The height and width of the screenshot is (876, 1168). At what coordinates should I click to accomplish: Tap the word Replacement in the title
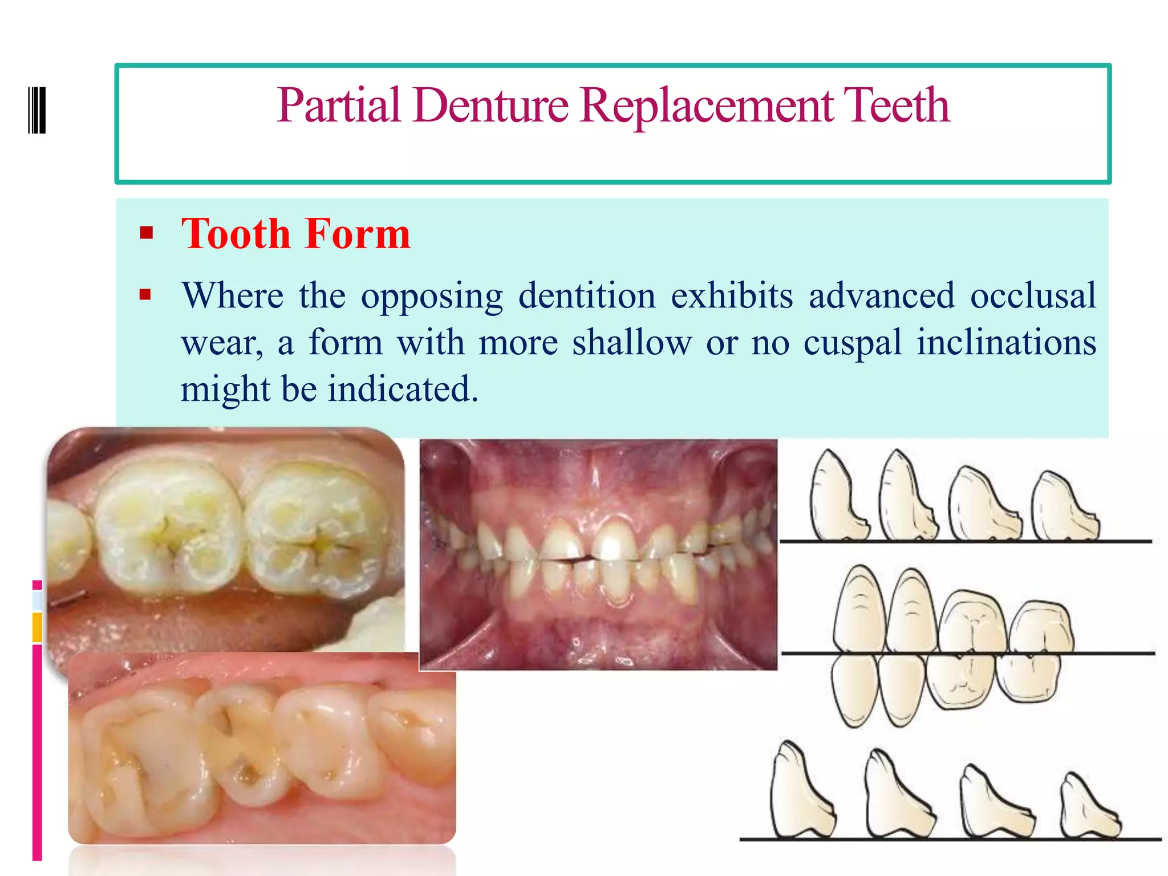707,106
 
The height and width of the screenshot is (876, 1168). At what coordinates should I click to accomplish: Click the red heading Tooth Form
295,234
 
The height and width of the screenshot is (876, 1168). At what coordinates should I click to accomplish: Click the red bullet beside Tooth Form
147,233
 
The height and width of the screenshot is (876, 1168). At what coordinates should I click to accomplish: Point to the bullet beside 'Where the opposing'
145,295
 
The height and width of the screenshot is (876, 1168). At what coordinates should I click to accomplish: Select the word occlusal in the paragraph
1033,295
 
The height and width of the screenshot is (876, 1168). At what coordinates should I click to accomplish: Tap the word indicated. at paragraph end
403,389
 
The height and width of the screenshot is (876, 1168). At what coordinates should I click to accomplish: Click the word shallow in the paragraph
631,342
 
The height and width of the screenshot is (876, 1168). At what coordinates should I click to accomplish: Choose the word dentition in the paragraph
587,295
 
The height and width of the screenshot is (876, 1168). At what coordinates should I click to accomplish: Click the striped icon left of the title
37,110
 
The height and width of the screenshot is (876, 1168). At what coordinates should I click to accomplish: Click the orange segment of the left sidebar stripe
37,627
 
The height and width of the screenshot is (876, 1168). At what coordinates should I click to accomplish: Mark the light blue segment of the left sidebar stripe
37,601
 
